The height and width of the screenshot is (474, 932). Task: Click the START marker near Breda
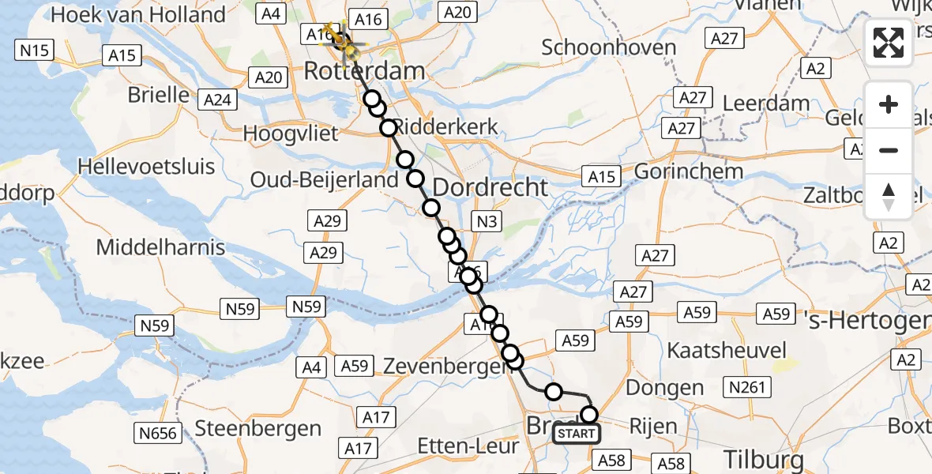(x=576, y=434)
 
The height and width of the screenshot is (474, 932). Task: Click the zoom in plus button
(x=889, y=104)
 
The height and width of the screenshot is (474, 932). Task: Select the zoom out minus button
(x=889, y=150)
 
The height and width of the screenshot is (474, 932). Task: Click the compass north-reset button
(x=889, y=197)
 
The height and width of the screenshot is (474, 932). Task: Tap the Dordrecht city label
(x=490, y=187)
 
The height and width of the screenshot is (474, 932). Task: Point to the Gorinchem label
(x=689, y=171)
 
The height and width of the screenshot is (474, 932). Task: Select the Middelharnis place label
(x=160, y=247)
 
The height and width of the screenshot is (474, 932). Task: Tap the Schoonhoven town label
(x=609, y=47)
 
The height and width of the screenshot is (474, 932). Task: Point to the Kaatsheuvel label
(x=727, y=350)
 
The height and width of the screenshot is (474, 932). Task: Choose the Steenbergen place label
(x=258, y=429)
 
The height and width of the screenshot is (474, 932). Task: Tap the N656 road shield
(x=159, y=432)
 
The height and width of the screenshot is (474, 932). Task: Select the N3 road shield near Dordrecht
(x=487, y=222)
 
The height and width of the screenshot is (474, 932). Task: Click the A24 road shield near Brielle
(x=218, y=100)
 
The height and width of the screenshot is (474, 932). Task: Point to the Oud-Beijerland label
(x=325, y=180)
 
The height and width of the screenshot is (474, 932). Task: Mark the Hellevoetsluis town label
(x=146, y=167)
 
